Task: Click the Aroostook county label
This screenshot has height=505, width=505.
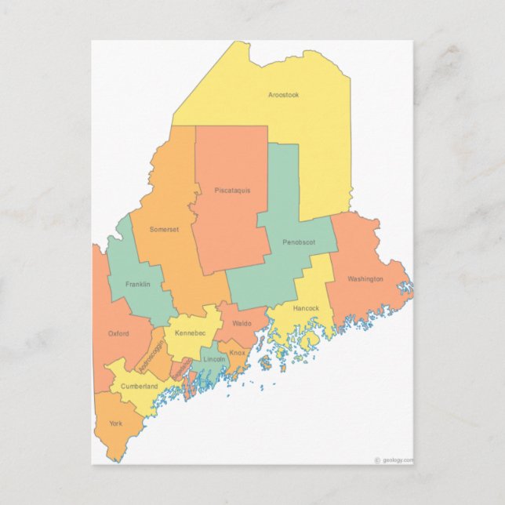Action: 283,95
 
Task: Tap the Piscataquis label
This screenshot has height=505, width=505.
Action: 232,190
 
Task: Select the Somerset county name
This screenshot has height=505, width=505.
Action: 165,229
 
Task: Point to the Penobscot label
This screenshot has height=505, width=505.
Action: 299,242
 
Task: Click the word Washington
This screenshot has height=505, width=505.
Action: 365,278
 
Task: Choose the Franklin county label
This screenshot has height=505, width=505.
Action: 137,284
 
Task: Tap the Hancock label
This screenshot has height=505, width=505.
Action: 306,308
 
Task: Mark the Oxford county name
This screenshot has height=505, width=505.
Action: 118,333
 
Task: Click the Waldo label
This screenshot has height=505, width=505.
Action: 242,323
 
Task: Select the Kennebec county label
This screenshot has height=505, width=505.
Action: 190,333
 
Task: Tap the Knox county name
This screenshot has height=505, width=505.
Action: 238,353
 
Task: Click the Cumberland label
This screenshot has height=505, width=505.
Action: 139,387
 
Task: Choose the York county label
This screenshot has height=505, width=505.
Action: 116,423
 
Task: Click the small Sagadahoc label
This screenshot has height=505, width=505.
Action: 182,367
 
